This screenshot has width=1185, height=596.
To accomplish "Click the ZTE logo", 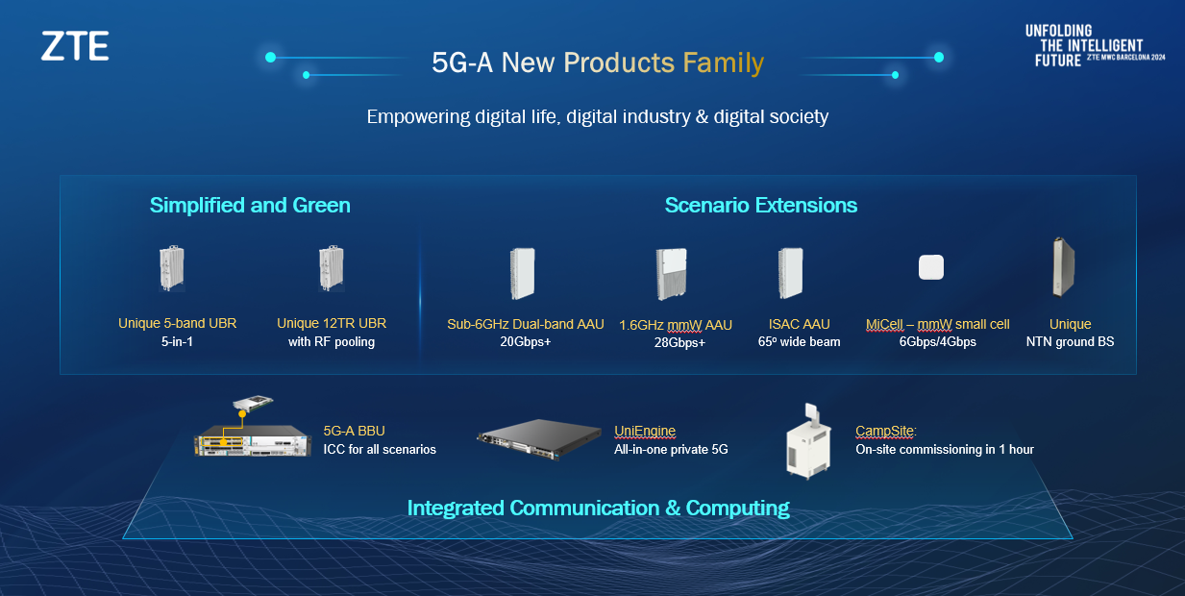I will pyautogui.click(x=75, y=46).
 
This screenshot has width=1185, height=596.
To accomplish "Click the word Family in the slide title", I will pyautogui.click(x=723, y=63).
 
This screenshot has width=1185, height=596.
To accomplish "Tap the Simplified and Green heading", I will pyautogui.click(x=250, y=205).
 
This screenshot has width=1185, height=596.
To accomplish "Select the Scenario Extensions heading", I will pyautogui.click(x=760, y=205).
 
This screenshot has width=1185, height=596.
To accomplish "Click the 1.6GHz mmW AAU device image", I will pyautogui.click(x=671, y=274).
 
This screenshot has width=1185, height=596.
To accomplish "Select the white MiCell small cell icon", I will pyautogui.click(x=930, y=266).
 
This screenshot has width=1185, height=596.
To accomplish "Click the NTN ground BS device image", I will pyautogui.click(x=1062, y=267).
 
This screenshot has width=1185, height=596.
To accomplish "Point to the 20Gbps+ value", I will pyautogui.click(x=526, y=342).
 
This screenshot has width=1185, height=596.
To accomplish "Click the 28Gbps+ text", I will pyautogui.click(x=676, y=343).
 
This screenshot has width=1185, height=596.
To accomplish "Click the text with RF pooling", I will pyautogui.click(x=332, y=342).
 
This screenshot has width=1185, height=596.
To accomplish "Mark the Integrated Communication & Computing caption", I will pyautogui.click(x=598, y=508).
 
